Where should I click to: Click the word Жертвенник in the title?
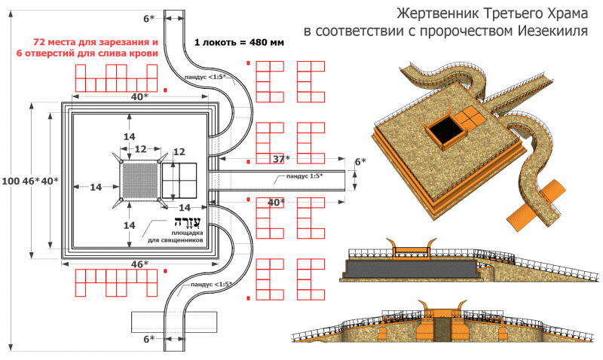point(437,14)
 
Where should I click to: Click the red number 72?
point(39,42)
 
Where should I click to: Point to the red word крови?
point(145,53)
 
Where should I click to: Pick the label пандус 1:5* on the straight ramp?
point(305,176)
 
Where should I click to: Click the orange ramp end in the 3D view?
point(535,206)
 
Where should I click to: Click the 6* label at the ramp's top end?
point(148,18)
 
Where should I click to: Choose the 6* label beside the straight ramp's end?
point(360,162)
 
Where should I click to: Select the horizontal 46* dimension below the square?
point(139,264)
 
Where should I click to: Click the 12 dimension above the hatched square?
point(140,148)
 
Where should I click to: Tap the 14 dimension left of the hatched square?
point(96,187)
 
